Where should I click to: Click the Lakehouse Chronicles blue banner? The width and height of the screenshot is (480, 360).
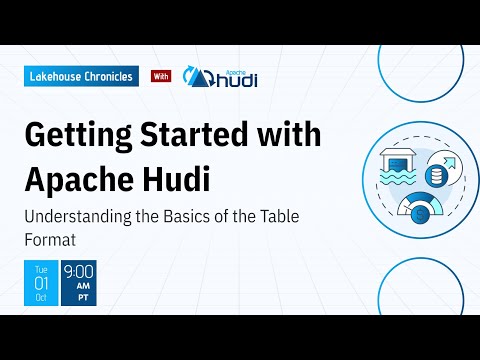click(x=80, y=77)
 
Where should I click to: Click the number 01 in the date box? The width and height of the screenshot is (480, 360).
click(x=40, y=284)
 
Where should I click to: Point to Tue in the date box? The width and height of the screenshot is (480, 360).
click(x=40, y=268)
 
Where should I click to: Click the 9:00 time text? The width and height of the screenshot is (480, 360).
click(x=79, y=271)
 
